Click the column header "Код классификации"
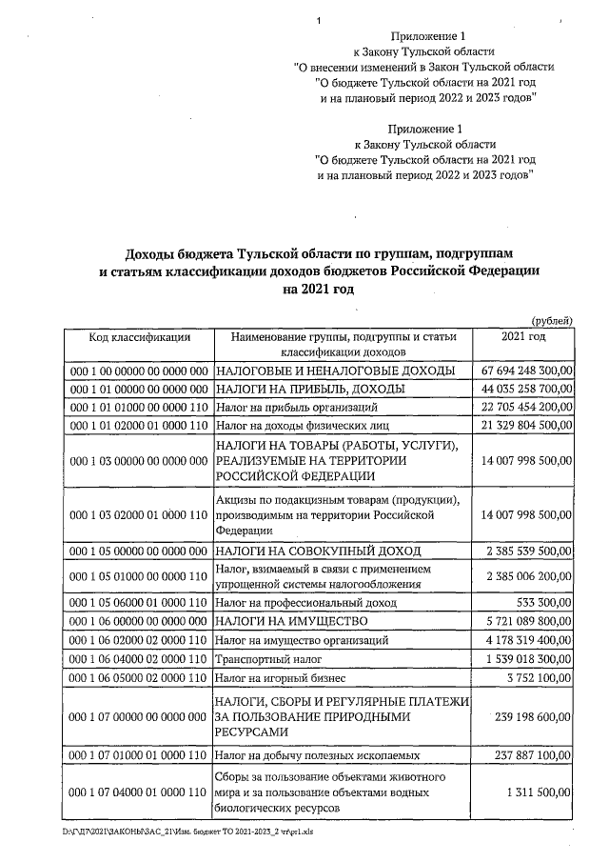coord(139,337)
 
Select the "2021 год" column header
coord(522,337)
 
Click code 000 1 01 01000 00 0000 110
coord(139,408)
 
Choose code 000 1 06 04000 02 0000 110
coord(139,658)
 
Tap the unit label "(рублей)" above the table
coord(552,321)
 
